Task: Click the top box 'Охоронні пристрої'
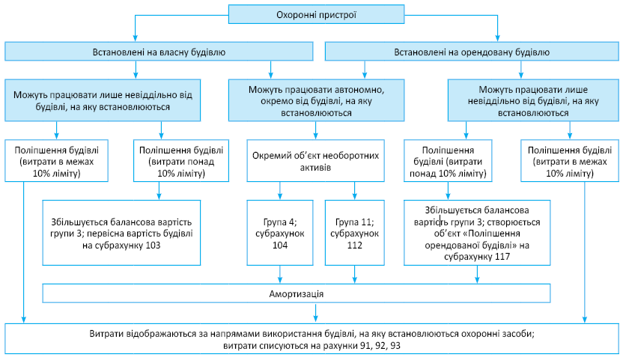[315, 14]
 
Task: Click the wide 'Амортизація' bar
[297, 293]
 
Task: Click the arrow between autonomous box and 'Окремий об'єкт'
[315, 132]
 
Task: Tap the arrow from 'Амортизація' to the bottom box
[297, 312]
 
